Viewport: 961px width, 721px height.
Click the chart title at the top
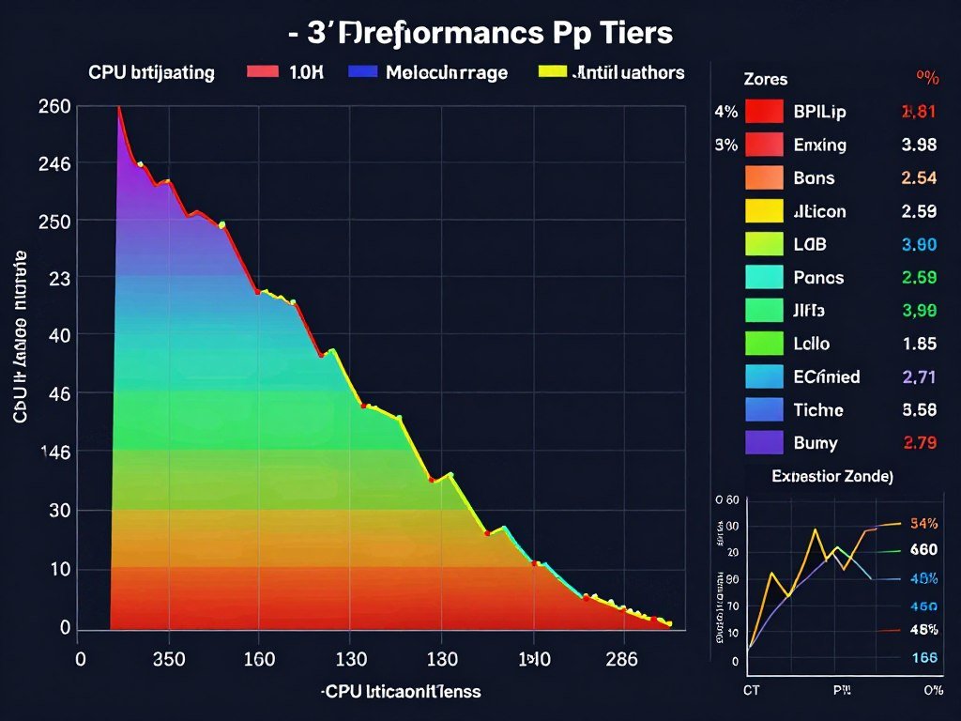tap(480, 33)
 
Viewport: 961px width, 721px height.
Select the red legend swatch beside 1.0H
tap(262, 72)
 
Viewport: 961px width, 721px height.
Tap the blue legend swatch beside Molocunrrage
tap(362, 72)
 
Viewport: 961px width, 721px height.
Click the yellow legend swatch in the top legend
tap(553, 72)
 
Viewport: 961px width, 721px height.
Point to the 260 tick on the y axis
tap(54, 106)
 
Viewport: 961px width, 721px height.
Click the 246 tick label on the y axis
tap(54, 163)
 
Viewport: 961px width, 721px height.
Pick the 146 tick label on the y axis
tap(54, 452)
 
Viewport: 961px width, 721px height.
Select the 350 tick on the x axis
tap(168, 659)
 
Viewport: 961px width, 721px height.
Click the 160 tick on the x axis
tap(258, 659)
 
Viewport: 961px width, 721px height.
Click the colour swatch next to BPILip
tap(763, 112)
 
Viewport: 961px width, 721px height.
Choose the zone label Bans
tap(814, 178)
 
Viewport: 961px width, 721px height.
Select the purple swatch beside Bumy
tap(763, 442)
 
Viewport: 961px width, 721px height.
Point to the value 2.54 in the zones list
tap(919, 178)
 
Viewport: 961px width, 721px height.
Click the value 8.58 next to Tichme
tap(919, 410)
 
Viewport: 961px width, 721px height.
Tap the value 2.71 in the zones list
tap(919, 377)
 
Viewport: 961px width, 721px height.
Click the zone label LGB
tap(810, 245)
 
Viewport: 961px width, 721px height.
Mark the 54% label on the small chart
tap(924, 523)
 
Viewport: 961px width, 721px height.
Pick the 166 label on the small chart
tap(924, 658)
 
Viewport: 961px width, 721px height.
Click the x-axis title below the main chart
tap(401, 692)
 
